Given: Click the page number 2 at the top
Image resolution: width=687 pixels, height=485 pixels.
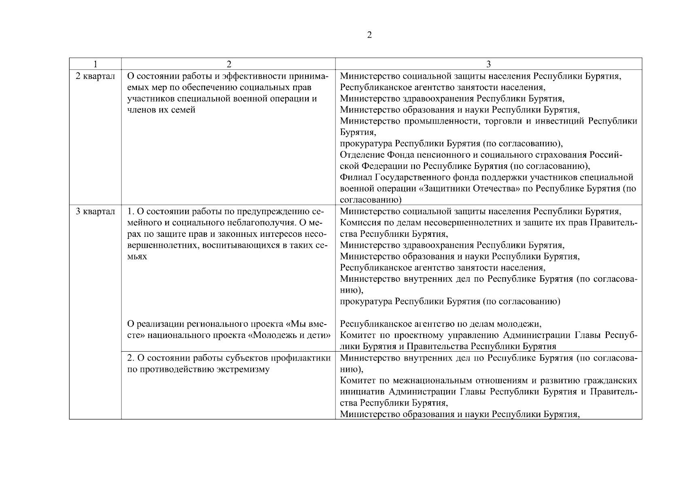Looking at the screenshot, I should [369, 35].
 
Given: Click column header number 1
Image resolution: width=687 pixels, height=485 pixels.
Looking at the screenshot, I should [95, 64].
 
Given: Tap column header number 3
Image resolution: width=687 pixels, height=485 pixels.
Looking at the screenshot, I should [488, 64].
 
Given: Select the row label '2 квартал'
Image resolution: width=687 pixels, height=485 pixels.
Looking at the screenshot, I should [95, 76].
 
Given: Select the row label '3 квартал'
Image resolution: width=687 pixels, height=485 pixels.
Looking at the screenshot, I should [95, 211].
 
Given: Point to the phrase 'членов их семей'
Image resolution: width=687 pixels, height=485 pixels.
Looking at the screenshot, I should [161, 110].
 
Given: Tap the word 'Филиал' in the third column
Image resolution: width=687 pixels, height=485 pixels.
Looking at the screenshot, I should [356, 177].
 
